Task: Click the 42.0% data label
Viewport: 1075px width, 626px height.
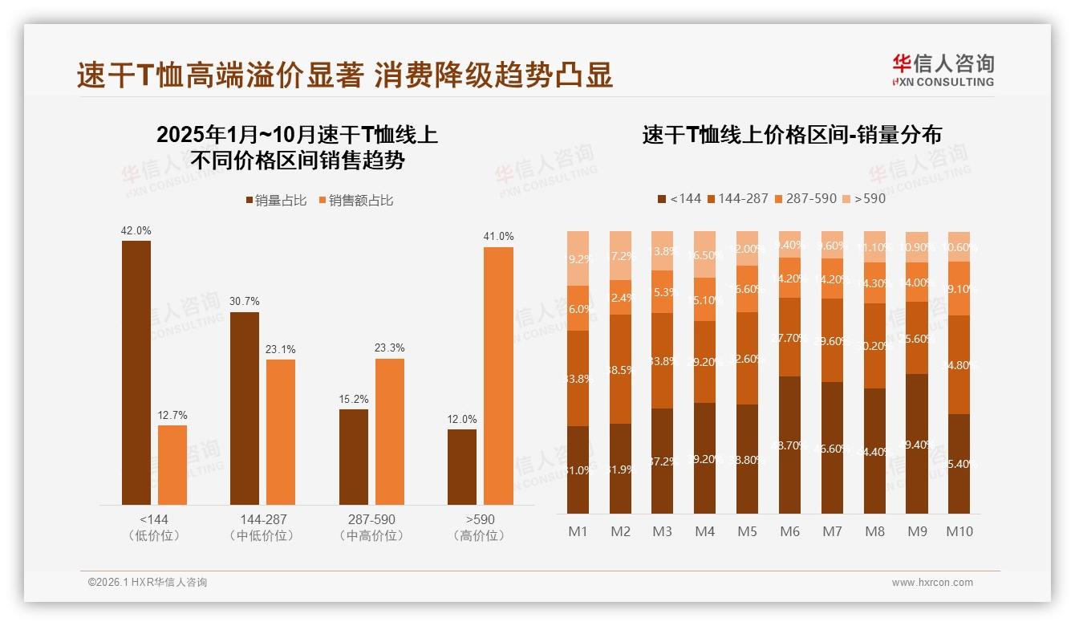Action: pyautogui.click(x=136, y=230)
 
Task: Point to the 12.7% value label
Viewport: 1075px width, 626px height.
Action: pyautogui.click(x=172, y=415)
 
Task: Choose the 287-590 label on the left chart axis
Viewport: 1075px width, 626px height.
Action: pyautogui.click(x=371, y=519)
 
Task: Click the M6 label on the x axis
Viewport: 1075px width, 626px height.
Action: pyautogui.click(x=790, y=531)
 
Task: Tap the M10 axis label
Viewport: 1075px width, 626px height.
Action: pyautogui.click(x=959, y=531)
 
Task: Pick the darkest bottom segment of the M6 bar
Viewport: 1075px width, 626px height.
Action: pyautogui.click(x=790, y=445)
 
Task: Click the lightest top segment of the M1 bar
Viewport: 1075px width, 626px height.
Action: pyautogui.click(x=578, y=258)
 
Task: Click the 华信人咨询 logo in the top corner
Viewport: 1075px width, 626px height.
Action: pyautogui.click(x=943, y=70)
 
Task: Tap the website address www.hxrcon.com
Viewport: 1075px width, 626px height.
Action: pyautogui.click(x=932, y=583)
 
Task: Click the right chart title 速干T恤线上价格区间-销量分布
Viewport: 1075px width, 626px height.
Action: pyautogui.click(x=792, y=135)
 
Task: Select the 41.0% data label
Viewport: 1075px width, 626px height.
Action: pyautogui.click(x=498, y=236)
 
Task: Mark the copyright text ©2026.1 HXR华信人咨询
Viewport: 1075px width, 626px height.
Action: pyautogui.click(x=147, y=583)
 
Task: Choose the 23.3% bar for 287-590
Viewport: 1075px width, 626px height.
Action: pyautogui.click(x=390, y=431)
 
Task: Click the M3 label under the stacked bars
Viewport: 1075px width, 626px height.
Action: pyautogui.click(x=663, y=531)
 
